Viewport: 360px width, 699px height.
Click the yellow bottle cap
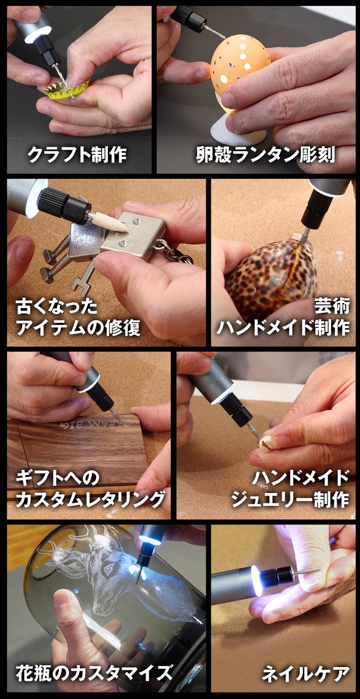[67, 89]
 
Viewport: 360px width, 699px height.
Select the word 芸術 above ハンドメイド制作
[332, 306]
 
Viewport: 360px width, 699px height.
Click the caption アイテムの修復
[78, 328]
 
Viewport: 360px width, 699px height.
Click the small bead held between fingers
[266, 445]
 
